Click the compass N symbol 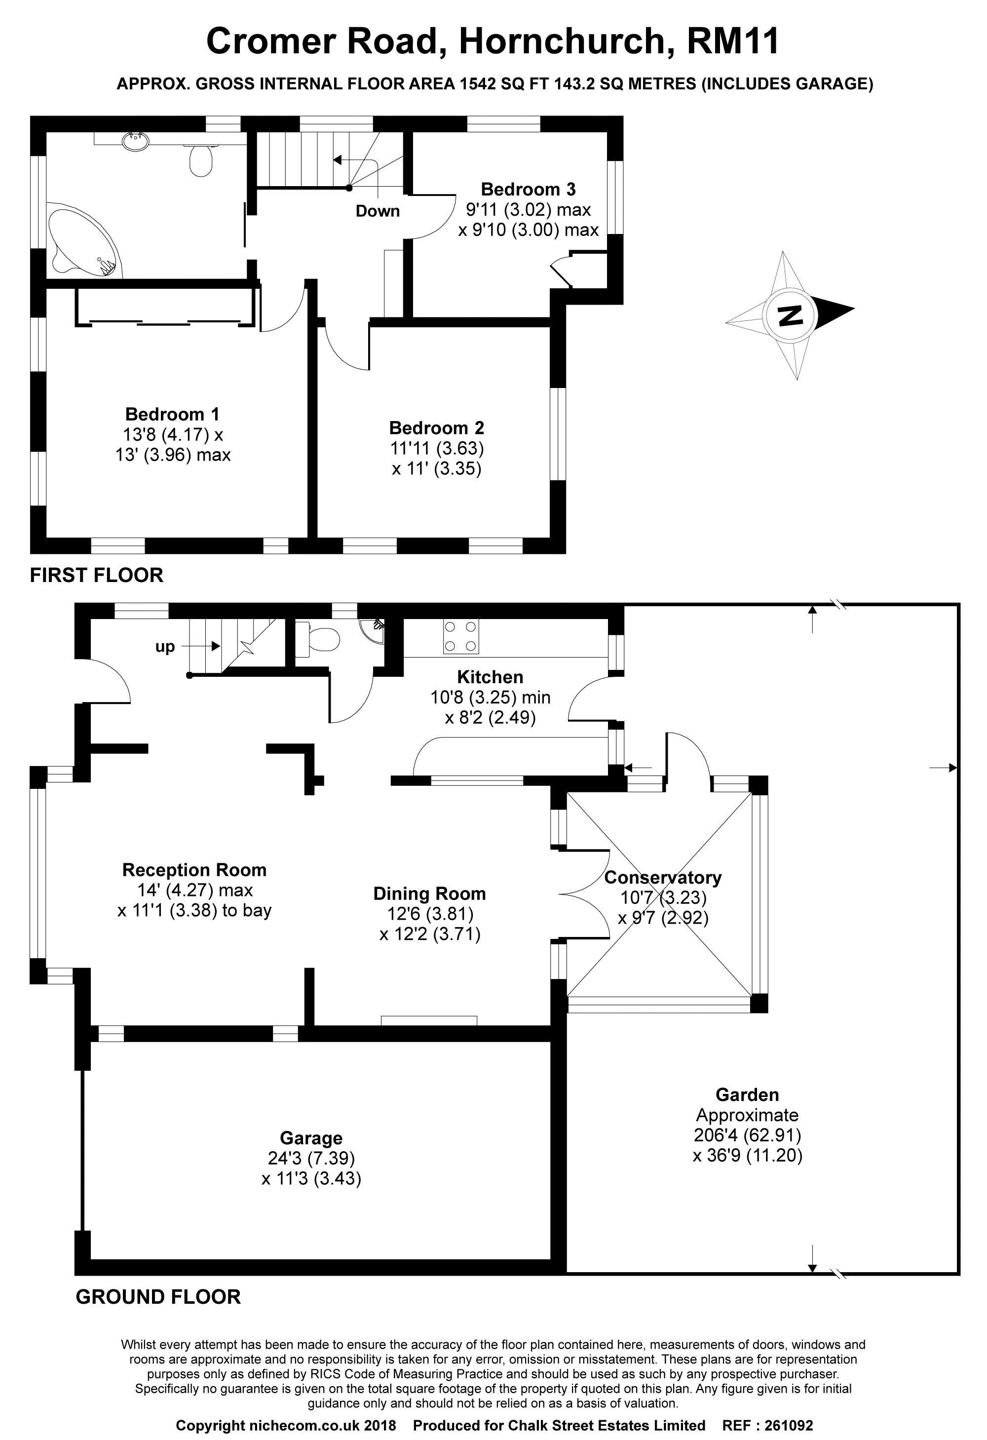tap(790, 315)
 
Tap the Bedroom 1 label tap(172, 414)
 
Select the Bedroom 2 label tap(437, 428)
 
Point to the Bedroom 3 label tap(529, 189)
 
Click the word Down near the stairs tap(378, 211)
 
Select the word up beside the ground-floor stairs tap(165, 647)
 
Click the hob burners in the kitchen tap(461, 636)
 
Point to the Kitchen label tap(490, 677)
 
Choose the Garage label tap(311, 1138)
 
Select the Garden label tap(747, 1095)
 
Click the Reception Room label tap(194, 870)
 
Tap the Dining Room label tap(429, 894)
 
